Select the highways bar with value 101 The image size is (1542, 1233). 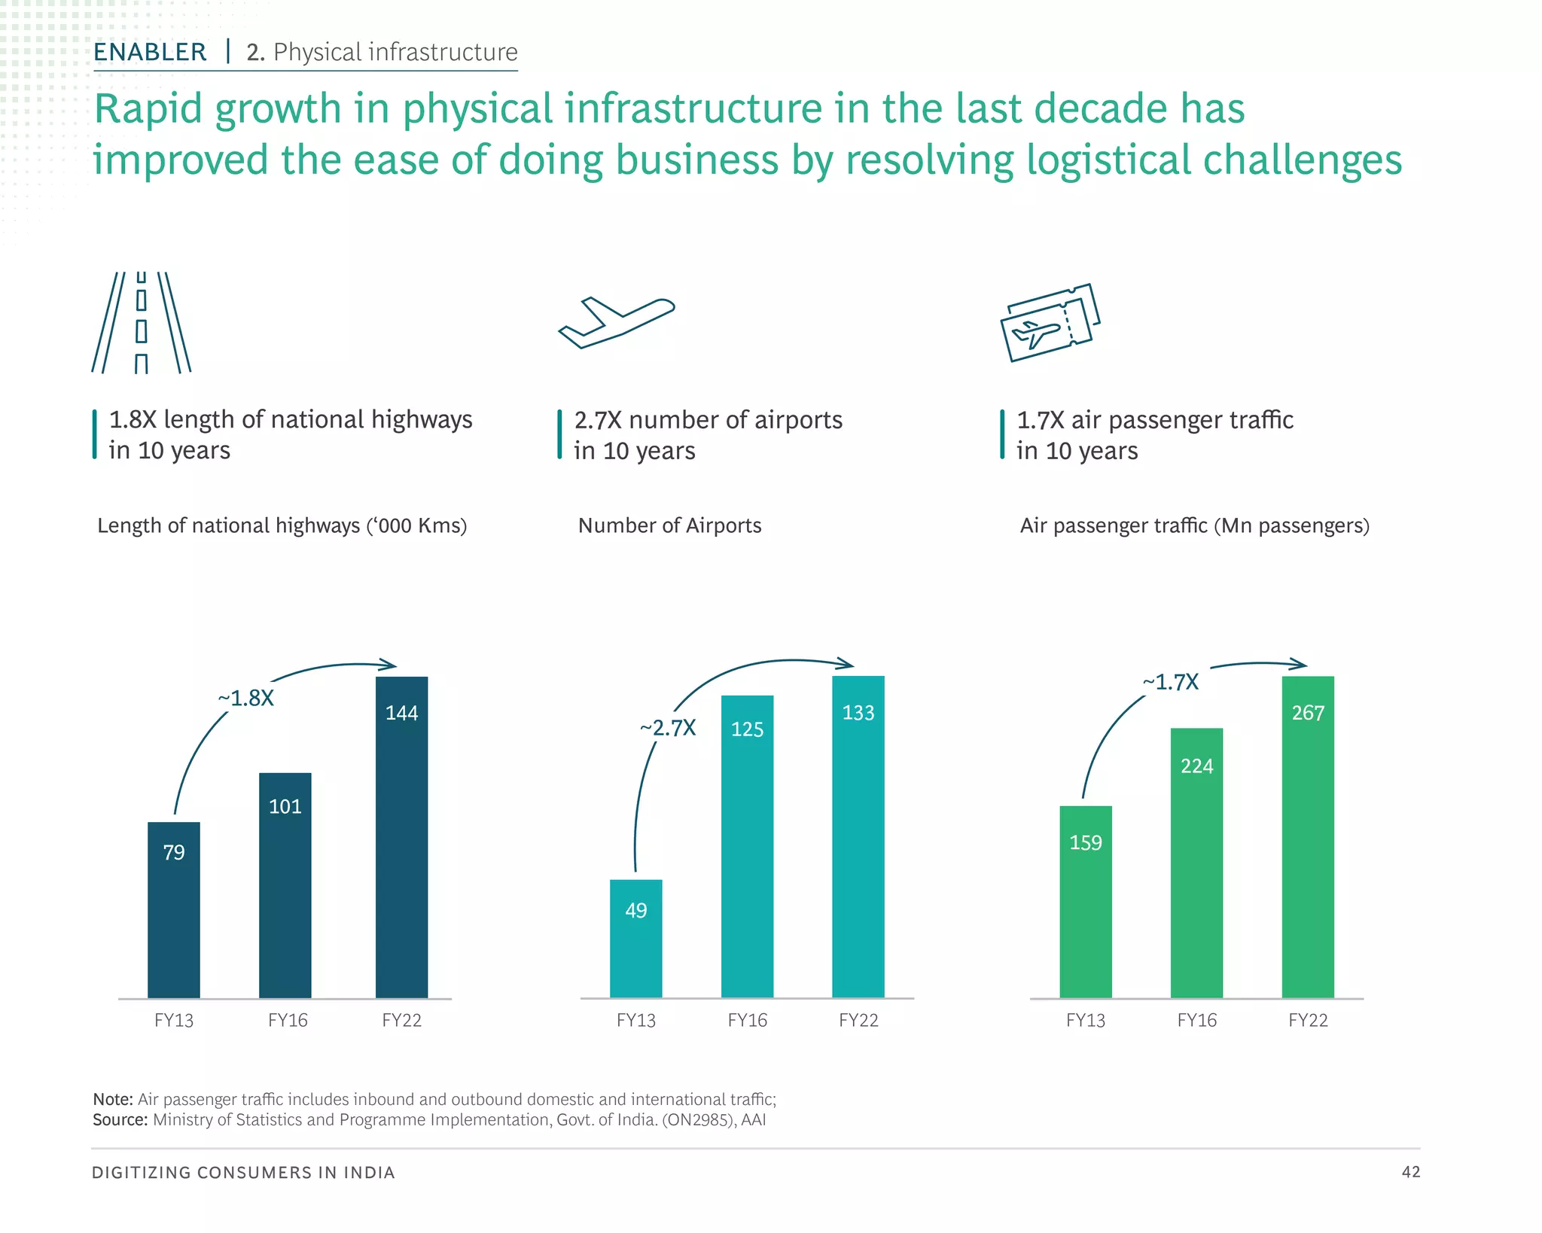pos(285,884)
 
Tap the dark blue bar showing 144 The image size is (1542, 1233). pos(401,836)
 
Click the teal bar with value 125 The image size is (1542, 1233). pos(747,846)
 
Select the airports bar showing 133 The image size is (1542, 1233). pos(858,836)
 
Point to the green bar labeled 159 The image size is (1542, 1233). pos(1085,901)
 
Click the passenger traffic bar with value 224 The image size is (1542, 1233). pos(1196,862)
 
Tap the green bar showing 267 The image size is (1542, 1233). pos(1307,836)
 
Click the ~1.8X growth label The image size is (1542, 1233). pos(246,699)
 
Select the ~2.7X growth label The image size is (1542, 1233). pos(668,728)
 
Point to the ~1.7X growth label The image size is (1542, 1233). pos(1170,682)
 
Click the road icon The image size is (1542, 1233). pos(141,322)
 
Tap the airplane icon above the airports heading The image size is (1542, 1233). pos(616,322)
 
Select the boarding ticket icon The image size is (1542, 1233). pos(1050,322)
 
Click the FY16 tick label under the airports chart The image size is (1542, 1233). pos(747,1021)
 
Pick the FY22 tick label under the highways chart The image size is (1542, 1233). pos(401,1021)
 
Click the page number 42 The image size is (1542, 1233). pos(1410,1172)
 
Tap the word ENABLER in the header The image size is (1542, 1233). pos(150,52)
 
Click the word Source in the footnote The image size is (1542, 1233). pos(120,1120)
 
